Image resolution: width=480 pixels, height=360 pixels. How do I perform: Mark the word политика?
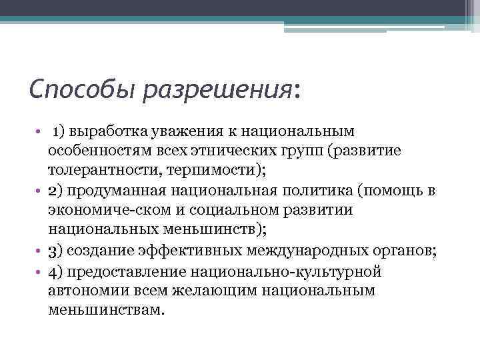point(307,191)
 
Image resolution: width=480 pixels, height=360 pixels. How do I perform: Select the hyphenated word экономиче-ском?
point(103,211)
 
